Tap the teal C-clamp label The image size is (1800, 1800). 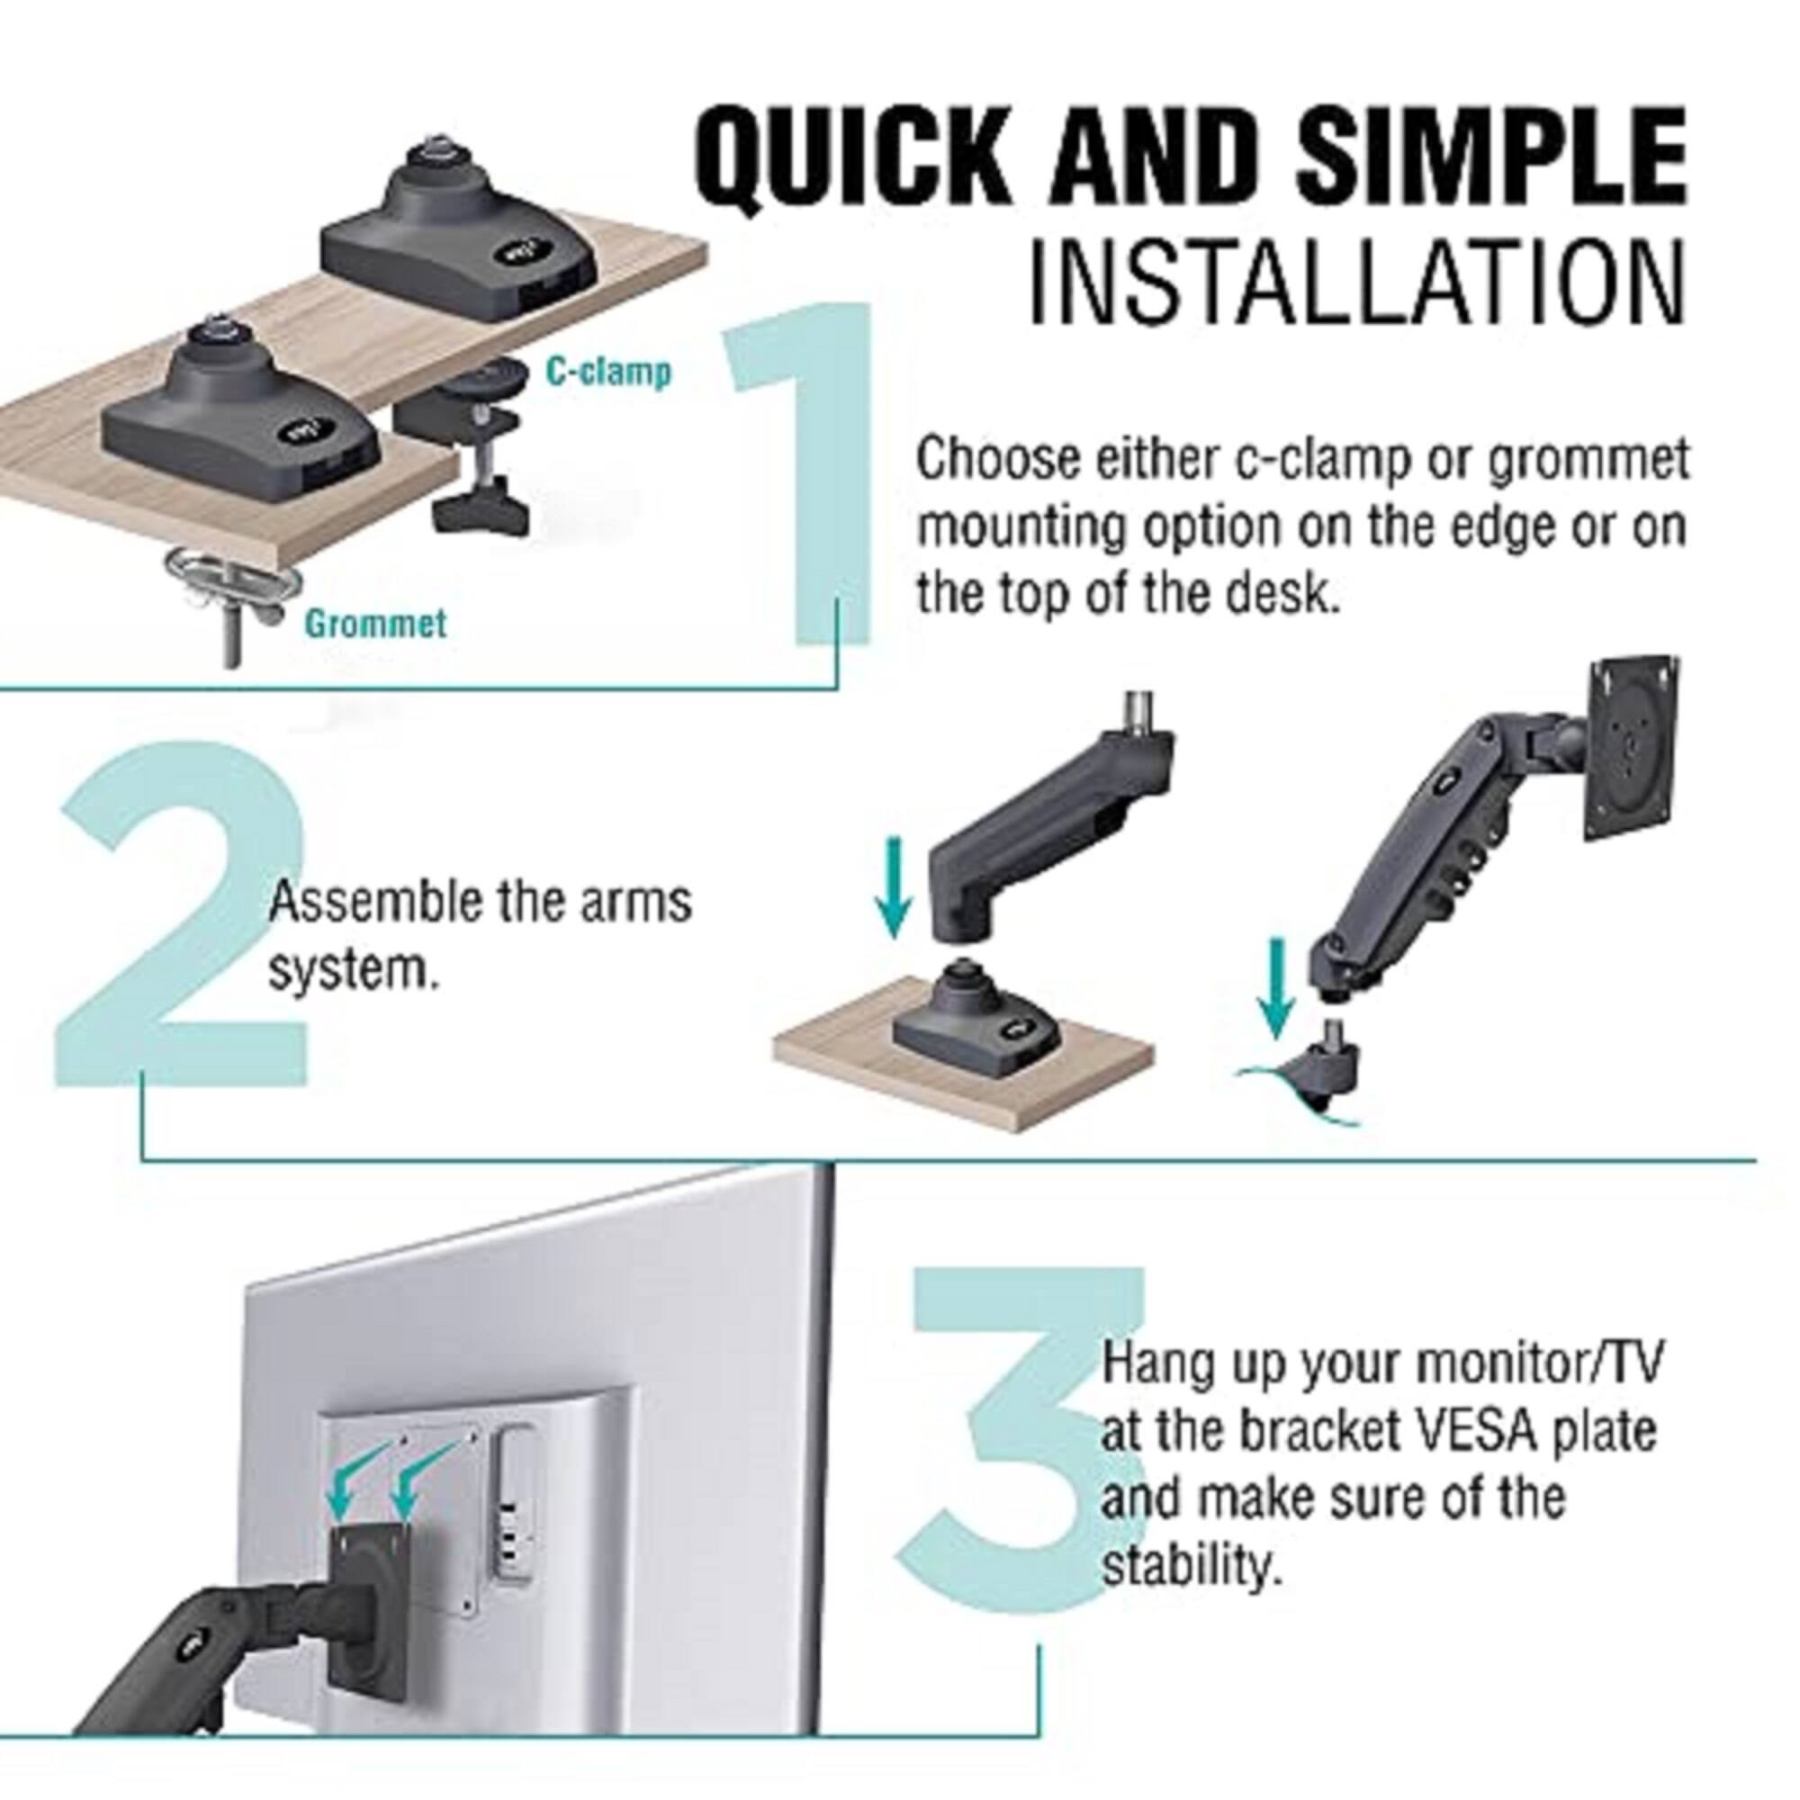[607, 373]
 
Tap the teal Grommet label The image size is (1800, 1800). [375, 623]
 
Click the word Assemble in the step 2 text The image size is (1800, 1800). [373, 902]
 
